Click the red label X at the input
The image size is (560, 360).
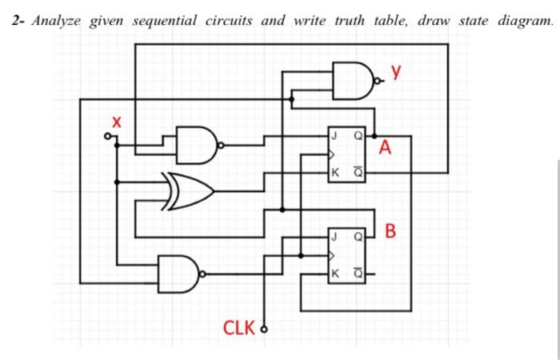[x=117, y=122]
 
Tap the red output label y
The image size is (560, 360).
[x=395, y=74]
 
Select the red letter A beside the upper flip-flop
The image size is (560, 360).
[x=387, y=148]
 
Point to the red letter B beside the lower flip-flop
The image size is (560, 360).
[x=390, y=233]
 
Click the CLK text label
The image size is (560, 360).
[x=238, y=327]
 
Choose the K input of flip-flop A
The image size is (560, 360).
[x=334, y=172]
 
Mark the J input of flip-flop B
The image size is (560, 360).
[x=333, y=237]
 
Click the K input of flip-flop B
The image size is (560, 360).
[x=334, y=274]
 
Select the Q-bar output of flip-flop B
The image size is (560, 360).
[x=359, y=274]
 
